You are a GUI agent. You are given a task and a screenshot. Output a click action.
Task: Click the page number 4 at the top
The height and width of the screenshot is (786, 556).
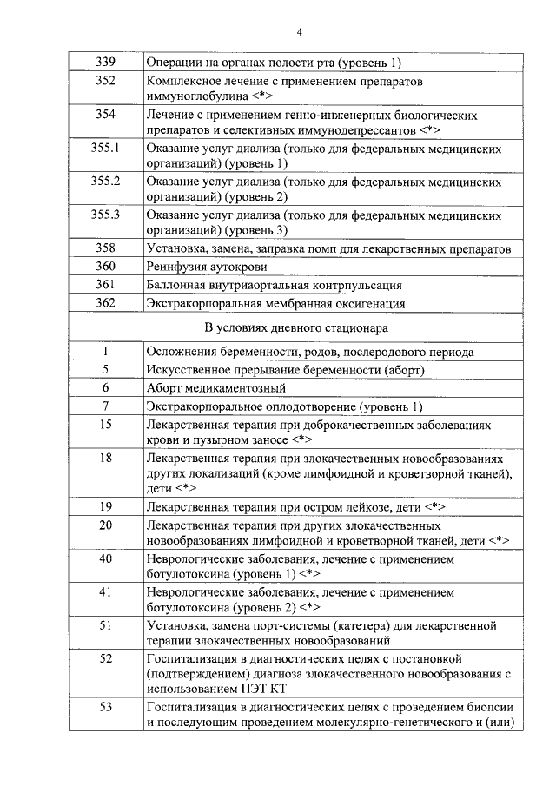pyautogui.click(x=298, y=33)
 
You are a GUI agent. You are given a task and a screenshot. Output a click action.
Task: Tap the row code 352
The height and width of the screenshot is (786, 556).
pyautogui.click(x=105, y=81)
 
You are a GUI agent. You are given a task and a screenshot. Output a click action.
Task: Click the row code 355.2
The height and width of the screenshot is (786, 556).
pyautogui.click(x=105, y=182)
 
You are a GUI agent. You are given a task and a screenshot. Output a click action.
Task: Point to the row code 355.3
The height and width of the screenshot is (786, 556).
pyautogui.click(x=105, y=215)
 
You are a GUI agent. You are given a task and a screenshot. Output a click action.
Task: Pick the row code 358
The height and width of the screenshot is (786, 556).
pyautogui.click(x=105, y=248)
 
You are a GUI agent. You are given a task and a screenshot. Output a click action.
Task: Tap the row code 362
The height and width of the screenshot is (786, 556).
pyautogui.click(x=105, y=303)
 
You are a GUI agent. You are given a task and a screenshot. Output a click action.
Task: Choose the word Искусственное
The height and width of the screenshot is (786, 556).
pyautogui.click(x=185, y=370)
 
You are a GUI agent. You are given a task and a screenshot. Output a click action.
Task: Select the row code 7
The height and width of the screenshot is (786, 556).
pyautogui.click(x=105, y=406)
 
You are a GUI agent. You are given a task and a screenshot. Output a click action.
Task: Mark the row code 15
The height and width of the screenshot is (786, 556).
pyautogui.click(x=105, y=425)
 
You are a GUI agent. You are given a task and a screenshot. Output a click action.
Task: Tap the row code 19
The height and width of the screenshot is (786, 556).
pyautogui.click(x=105, y=506)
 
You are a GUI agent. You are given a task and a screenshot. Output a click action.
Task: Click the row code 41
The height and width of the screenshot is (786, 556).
pyautogui.click(x=105, y=591)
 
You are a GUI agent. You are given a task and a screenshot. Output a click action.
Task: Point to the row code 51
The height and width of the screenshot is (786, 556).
pyautogui.click(x=105, y=624)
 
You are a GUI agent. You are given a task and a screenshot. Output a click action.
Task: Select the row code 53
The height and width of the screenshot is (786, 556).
pyautogui.click(x=105, y=706)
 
